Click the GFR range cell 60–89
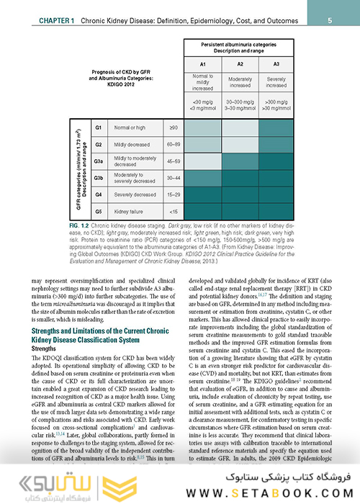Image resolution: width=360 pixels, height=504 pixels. pos(173,144)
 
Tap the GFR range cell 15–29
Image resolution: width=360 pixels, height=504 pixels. pos(173,194)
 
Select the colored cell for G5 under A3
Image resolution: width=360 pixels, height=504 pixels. pos(276,212)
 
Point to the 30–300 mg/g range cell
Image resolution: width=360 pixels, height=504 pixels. pos(240,102)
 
